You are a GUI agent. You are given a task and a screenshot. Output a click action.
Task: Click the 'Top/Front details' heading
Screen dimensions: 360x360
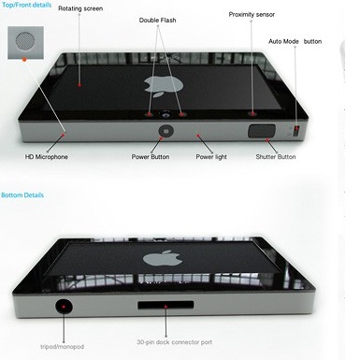click(x=26, y=5)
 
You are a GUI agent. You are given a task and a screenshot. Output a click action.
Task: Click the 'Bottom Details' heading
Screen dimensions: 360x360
click(x=22, y=195)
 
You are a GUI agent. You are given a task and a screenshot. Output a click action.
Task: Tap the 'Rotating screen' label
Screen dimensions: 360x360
click(x=80, y=8)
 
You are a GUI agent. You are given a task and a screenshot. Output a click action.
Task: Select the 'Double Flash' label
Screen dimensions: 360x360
click(x=157, y=21)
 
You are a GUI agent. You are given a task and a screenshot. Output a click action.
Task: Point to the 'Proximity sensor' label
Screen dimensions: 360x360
click(x=252, y=14)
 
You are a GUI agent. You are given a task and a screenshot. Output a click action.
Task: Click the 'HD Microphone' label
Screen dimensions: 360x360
click(x=47, y=157)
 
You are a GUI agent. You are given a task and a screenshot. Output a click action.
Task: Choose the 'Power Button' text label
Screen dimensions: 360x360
click(x=151, y=157)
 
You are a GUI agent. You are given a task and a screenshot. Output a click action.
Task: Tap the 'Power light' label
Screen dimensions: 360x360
click(x=211, y=157)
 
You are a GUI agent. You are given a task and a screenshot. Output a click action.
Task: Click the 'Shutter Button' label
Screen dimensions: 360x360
click(x=276, y=157)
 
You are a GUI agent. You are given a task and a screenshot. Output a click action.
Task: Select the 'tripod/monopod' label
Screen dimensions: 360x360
click(x=63, y=347)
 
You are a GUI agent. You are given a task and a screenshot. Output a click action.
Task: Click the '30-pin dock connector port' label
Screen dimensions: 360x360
click(x=175, y=342)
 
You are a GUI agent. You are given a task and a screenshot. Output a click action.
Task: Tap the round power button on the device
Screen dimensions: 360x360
click(x=166, y=131)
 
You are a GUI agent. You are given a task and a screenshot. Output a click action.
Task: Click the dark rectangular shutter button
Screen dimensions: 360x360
click(x=262, y=131)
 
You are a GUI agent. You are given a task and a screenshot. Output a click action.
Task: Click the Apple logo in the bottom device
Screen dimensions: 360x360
click(x=163, y=258)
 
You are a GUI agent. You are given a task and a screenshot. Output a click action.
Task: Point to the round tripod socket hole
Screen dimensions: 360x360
click(x=64, y=307)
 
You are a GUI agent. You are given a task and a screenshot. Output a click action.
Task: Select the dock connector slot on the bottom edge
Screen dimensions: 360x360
click(x=166, y=305)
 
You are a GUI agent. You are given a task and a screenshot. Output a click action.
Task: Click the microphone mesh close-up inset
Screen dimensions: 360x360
click(x=25, y=43)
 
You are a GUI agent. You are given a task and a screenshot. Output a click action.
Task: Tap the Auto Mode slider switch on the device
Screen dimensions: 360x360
click(x=296, y=130)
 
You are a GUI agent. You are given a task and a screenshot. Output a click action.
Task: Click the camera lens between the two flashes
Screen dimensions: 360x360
click(x=166, y=114)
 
